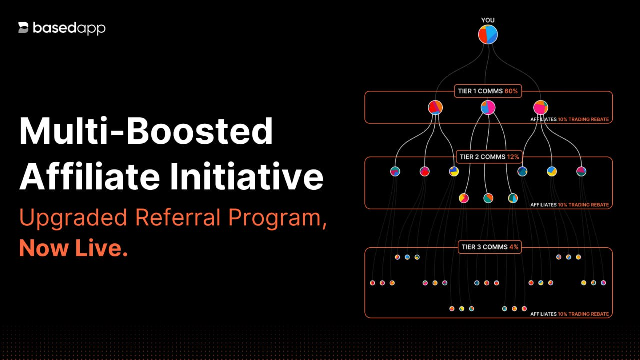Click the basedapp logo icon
[x=24, y=28]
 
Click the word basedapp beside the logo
[x=69, y=28]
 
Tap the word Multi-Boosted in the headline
[x=146, y=131]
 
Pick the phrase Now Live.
[x=73, y=248]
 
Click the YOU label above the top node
[x=488, y=20]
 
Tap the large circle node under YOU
[x=488, y=35]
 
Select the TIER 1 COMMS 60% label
[x=488, y=91]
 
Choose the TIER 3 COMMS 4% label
[x=489, y=247]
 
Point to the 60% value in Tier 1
[x=511, y=91]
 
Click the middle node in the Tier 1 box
[x=488, y=107]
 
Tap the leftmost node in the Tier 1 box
[x=435, y=107]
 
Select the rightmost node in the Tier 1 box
[x=540, y=107]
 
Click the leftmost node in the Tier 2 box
[x=395, y=171]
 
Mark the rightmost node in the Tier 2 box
[x=581, y=171]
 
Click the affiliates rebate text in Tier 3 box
[x=569, y=314]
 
